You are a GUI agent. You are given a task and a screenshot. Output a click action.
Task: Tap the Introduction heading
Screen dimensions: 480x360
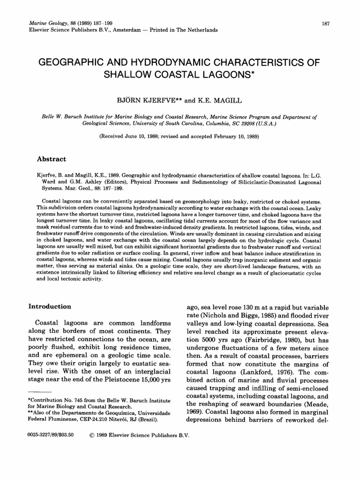[x=50, y=307]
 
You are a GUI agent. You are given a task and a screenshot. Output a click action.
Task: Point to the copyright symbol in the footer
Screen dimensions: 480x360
[x=91, y=435]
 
